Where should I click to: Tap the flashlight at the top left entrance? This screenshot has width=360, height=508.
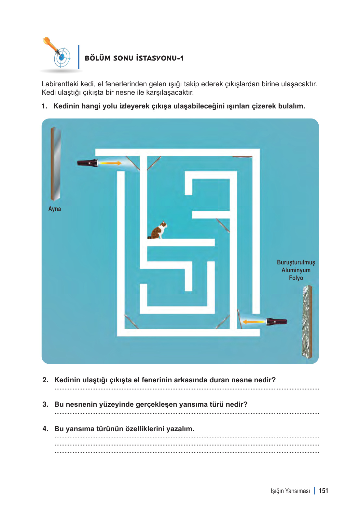pyautogui.click(x=88, y=163)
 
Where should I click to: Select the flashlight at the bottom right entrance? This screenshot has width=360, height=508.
pyautogui.click(x=277, y=322)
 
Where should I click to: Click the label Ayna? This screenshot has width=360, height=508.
pyautogui.click(x=55, y=209)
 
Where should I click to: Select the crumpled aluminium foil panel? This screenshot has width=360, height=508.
pyautogui.click(x=307, y=322)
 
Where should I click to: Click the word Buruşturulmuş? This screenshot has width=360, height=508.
pyautogui.click(x=296, y=262)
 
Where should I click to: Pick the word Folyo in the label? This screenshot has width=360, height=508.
pyautogui.click(x=296, y=278)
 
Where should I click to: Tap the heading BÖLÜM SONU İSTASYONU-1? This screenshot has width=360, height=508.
pyautogui.click(x=134, y=58)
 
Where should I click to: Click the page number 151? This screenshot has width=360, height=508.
pyautogui.click(x=323, y=491)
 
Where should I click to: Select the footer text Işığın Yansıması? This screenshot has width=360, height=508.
pyautogui.click(x=290, y=491)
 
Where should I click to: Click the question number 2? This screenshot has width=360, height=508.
pyautogui.click(x=45, y=380)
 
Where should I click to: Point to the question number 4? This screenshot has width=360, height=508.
pyautogui.click(x=45, y=429)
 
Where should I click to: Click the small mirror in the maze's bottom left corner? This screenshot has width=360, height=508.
pyautogui.click(x=132, y=322)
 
